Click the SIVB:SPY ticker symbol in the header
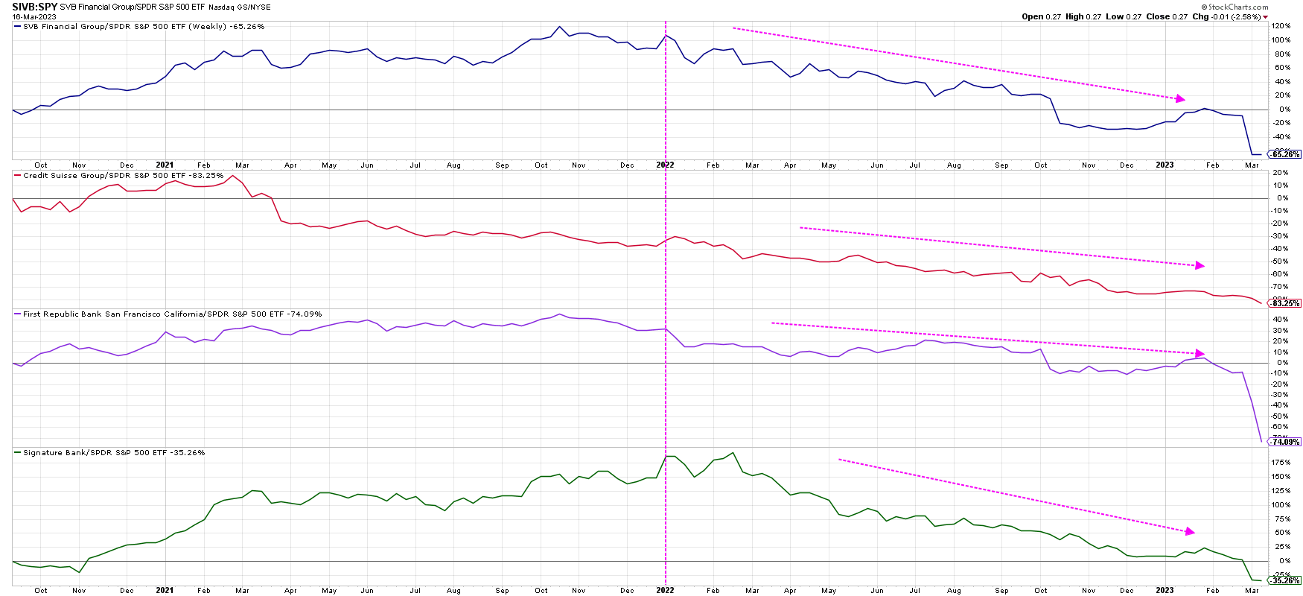pyautogui.click(x=35, y=7)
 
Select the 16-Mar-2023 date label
pyautogui.click(x=34, y=16)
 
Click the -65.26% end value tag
pyautogui.click(x=1286, y=154)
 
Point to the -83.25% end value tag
pyautogui.click(x=1286, y=303)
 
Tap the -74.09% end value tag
pyautogui.click(x=1286, y=442)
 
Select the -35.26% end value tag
pyautogui.click(x=1286, y=580)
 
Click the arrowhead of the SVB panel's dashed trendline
pyautogui.click(x=1180, y=98)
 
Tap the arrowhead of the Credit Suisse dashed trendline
pyautogui.click(x=1200, y=265)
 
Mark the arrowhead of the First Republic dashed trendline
pyautogui.click(x=1200, y=353)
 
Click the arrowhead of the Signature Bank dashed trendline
pyautogui.click(x=1190, y=531)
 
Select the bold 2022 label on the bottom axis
pyautogui.click(x=665, y=590)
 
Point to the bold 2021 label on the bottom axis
pyautogui.click(x=165, y=590)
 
